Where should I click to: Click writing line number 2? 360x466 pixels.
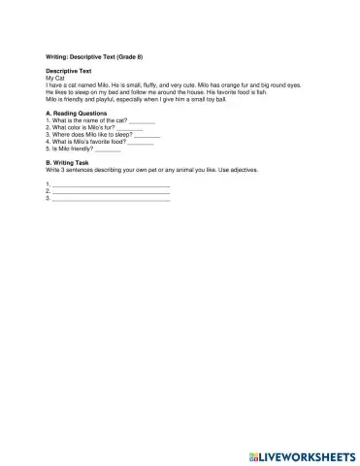[x=111, y=191]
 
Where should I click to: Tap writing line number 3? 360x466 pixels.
[x=111, y=198]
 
